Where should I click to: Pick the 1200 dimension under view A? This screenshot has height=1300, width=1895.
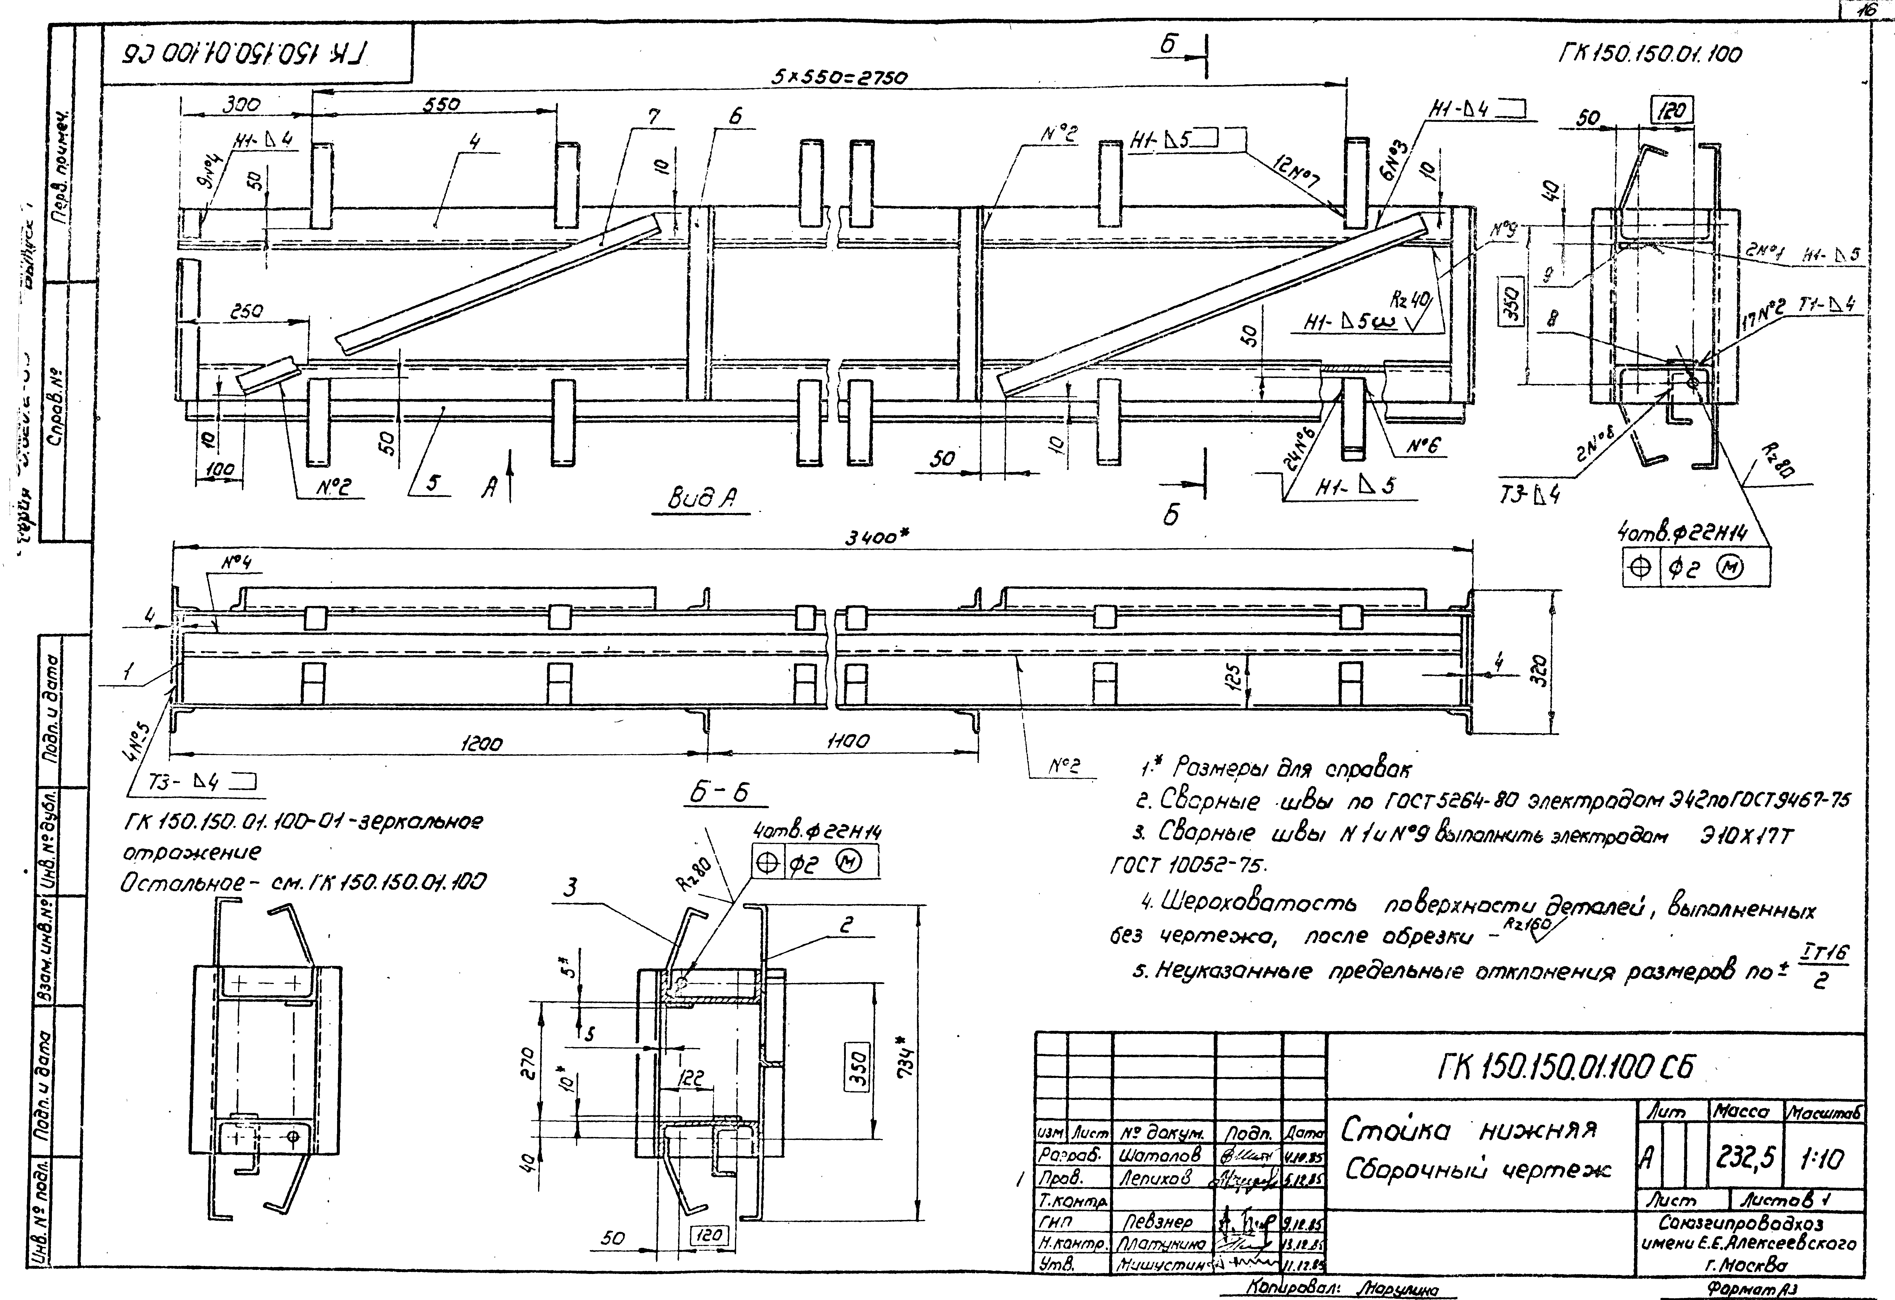pyautogui.click(x=481, y=743)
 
